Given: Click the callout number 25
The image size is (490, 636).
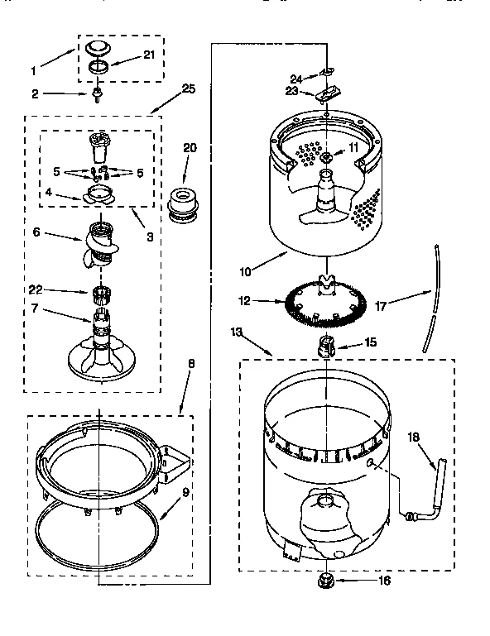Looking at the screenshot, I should pyautogui.click(x=188, y=89).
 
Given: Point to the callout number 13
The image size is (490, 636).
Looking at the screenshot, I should pyautogui.click(x=237, y=332).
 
